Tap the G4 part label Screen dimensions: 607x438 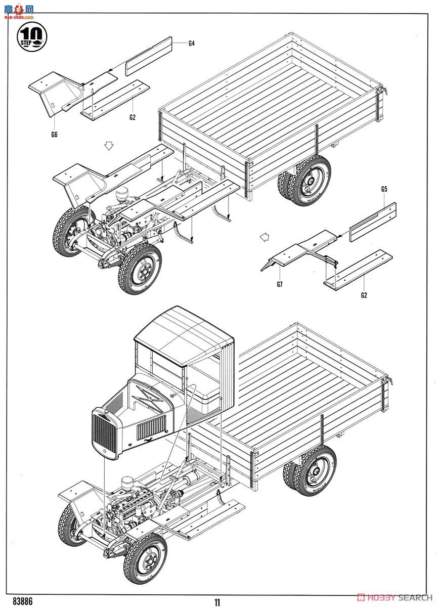[x=191, y=44]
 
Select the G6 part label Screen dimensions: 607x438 [x=54, y=134]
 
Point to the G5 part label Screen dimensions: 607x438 [x=384, y=189]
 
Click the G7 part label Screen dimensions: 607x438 [x=280, y=284]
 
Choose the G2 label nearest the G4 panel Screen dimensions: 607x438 [x=133, y=117]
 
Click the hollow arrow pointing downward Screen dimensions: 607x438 [x=107, y=146]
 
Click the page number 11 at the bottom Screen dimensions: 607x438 [x=217, y=602]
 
